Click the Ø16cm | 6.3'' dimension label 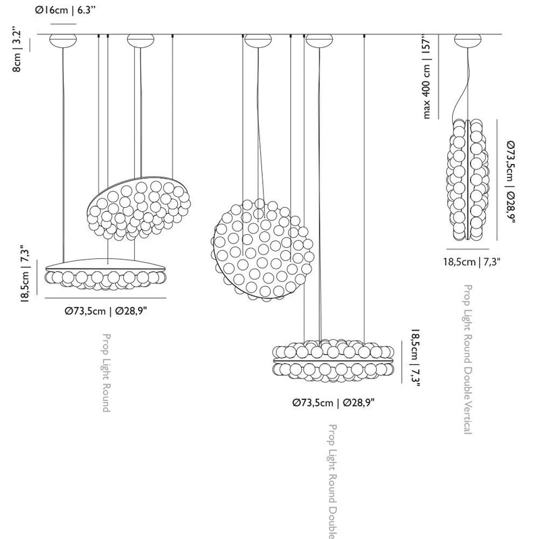tap(65, 10)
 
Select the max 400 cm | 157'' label tap(426, 77)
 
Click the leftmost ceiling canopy tap(63, 40)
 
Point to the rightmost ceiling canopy tap(468, 40)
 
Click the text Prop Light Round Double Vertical tap(468, 359)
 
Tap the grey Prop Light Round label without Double tap(106, 372)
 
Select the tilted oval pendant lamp tap(139, 208)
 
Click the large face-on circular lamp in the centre tap(262, 250)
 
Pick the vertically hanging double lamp tap(468, 179)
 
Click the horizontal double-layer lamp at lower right tap(333, 360)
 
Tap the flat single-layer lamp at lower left tap(106, 274)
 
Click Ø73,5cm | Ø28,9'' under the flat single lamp tap(106, 311)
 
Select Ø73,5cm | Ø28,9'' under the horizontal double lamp tap(334, 402)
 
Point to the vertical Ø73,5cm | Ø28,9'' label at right tap(511, 181)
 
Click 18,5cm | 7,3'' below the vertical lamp tap(471, 262)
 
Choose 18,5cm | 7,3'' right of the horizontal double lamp tap(415, 358)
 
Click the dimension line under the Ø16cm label tap(63, 24)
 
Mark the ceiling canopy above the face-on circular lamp tap(258, 40)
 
